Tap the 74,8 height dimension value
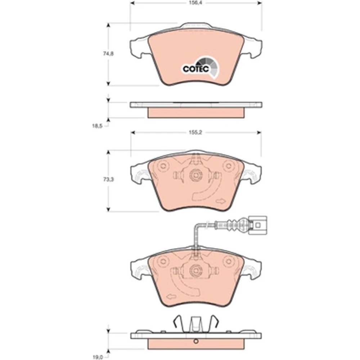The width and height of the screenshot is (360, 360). pos(108,54)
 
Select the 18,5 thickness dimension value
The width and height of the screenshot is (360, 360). pos(97,126)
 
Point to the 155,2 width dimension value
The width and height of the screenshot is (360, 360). pos(195,132)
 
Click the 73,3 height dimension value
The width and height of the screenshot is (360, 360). pos(108,179)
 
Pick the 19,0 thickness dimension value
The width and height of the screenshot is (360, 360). pos(97,357)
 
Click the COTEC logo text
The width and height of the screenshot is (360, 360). pos(195,69)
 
